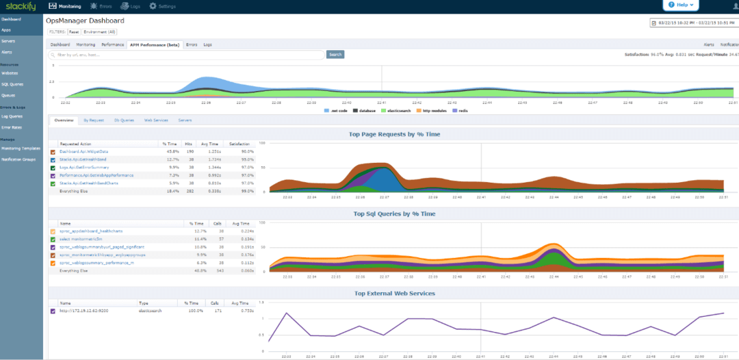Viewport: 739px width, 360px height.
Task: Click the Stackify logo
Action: (x=18, y=6)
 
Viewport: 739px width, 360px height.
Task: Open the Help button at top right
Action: (x=682, y=5)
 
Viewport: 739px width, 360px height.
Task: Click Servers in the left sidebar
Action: (x=8, y=41)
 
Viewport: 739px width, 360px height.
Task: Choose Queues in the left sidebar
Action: (x=9, y=95)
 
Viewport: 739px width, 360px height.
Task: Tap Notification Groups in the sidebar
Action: (x=18, y=159)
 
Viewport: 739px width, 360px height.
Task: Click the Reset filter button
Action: (x=74, y=31)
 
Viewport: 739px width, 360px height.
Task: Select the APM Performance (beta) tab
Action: (x=155, y=44)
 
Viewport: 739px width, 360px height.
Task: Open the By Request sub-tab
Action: (x=94, y=120)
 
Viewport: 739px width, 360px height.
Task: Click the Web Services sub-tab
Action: (x=156, y=120)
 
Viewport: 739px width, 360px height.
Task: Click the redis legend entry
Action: (x=461, y=110)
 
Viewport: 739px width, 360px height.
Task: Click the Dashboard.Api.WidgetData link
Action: (x=84, y=151)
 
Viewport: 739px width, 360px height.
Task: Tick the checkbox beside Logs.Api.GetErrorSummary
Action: (x=53, y=168)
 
